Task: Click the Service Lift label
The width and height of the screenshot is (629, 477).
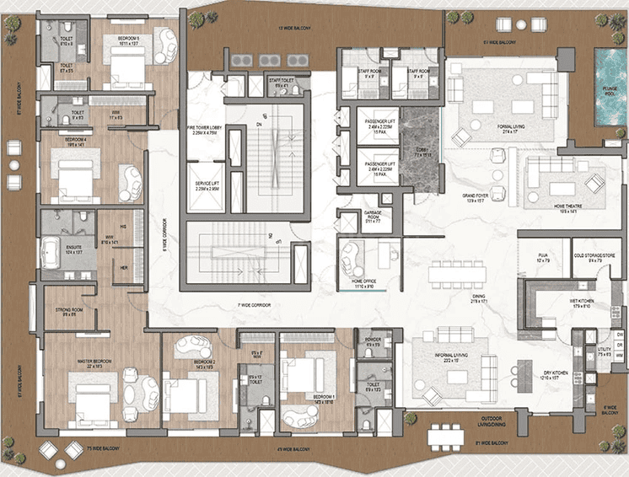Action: (207, 186)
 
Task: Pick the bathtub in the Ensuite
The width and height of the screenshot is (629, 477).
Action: (56, 252)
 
